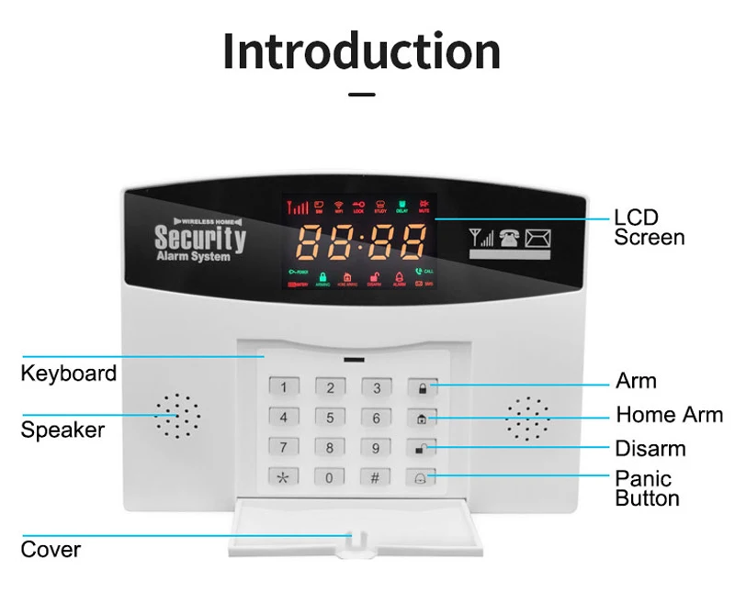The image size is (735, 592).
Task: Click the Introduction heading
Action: coord(362,51)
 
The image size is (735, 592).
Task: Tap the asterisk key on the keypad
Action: coord(284,477)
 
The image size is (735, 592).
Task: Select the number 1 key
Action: coord(284,387)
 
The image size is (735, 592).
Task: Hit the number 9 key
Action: coord(376,448)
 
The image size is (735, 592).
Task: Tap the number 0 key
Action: coord(330,477)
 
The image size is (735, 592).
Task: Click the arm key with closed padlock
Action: coord(422,387)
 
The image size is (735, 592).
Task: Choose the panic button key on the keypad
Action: coord(422,477)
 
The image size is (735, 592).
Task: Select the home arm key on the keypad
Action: coord(422,419)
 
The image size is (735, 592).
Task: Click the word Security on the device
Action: coord(200,238)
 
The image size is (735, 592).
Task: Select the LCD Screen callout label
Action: coord(649,228)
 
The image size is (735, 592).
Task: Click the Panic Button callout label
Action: coord(647,488)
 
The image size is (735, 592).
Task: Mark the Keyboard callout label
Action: coord(69,374)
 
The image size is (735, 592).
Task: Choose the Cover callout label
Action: coord(51,550)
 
